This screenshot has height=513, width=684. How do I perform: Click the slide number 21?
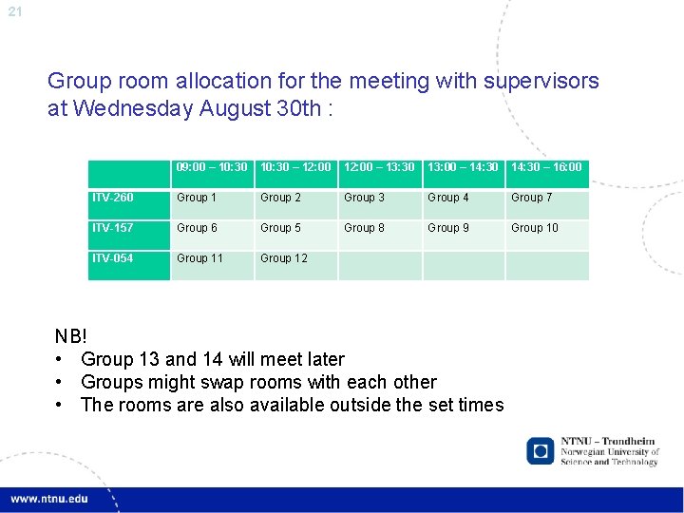pos(14,11)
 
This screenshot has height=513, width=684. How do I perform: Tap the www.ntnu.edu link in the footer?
pos(49,499)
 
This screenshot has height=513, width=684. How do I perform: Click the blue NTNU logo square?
pos(541,450)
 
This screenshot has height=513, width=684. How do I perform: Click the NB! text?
pos(71,336)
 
